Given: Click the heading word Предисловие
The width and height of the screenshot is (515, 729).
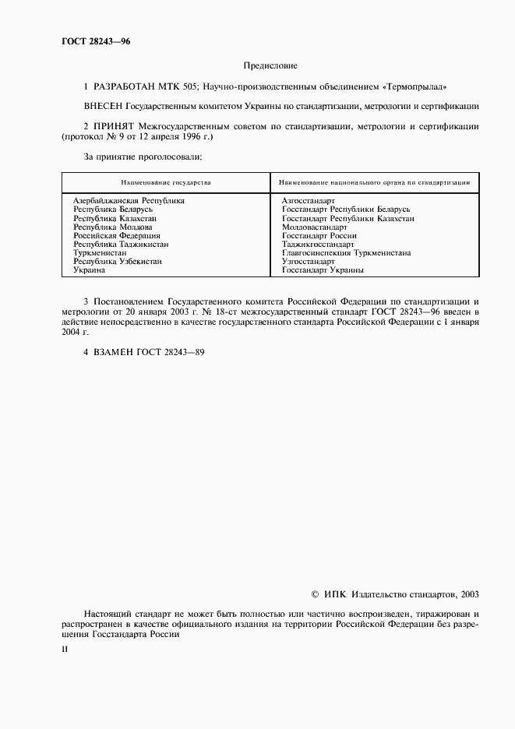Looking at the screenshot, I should point(270,68).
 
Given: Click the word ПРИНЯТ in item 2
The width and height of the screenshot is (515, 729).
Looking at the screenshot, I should point(115,126).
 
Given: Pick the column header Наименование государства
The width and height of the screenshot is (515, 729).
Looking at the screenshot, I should point(164,182).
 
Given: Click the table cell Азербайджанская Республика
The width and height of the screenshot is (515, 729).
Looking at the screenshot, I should point(129,200).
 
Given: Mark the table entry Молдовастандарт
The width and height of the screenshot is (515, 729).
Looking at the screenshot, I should point(315,227).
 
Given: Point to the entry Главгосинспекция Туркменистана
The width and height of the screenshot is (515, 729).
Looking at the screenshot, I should point(347,253).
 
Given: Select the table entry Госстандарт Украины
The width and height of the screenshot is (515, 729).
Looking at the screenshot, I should point(323,270).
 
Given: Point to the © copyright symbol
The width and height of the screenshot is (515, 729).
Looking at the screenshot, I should point(315,593).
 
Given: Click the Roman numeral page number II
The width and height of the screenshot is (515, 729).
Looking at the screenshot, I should point(65,648).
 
